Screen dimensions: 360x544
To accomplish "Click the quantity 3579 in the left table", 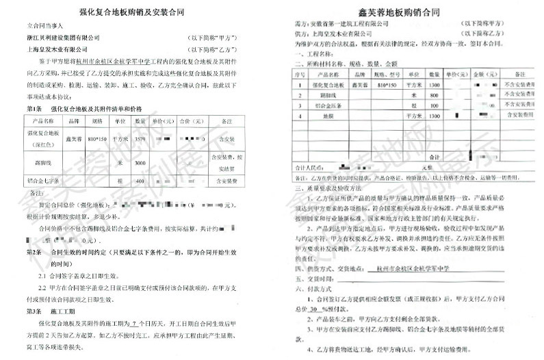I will click(142, 139).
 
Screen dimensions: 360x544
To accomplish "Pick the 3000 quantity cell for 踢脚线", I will click(142, 163).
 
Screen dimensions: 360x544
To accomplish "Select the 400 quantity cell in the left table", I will click(142, 181).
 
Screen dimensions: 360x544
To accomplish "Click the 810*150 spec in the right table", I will click(377, 84).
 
